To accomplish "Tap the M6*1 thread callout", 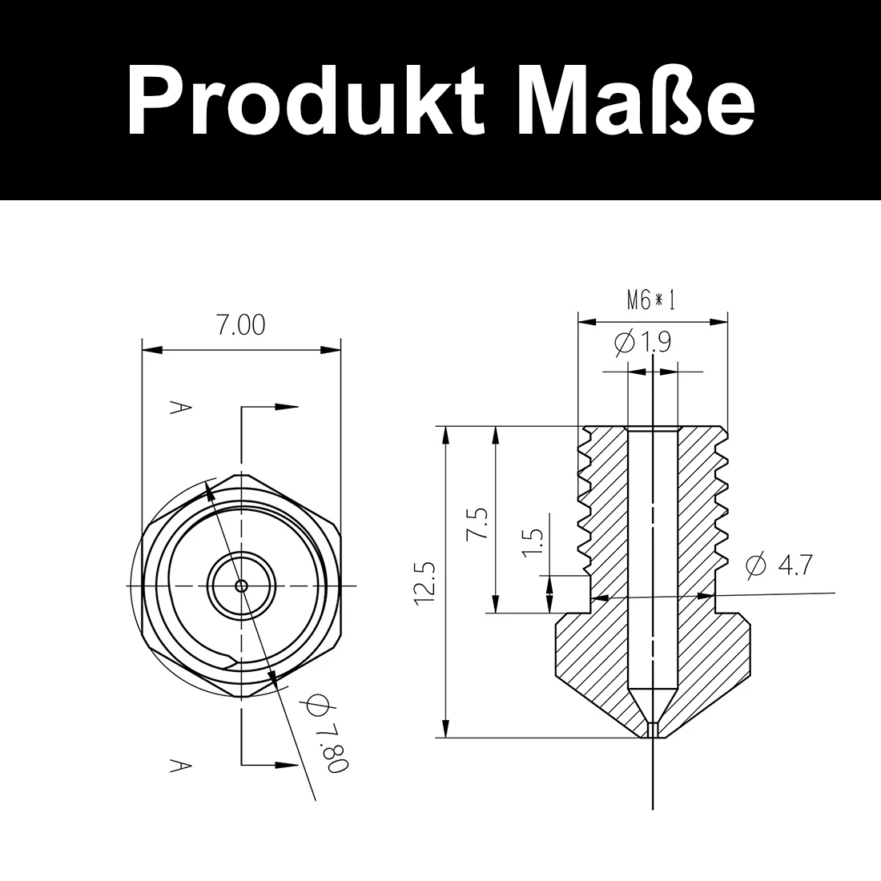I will (x=651, y=300).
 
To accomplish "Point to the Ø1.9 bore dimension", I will (x=643, y=343).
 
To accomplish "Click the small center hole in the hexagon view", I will (x=241, y=585).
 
